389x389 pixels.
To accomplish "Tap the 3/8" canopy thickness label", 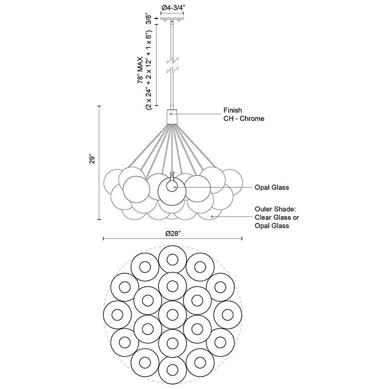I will pyautogui.click(x=148, y=20).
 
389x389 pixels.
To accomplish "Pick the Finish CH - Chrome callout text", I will pyautogui.click(x=244, y=115).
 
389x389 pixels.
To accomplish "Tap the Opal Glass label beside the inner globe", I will pyautogui.click(x=272, y=188).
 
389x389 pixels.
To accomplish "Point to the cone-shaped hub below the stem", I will pyautogui.click(x=172, y=116).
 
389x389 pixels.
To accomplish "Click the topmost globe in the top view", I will pyautogui.click(x=172, y=259).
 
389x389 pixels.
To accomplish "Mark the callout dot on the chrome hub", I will pyautogui.click(x=171, y=114).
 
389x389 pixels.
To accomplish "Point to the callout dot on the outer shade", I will pyautogui.click(x=212, y=217).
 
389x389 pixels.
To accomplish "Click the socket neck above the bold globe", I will pyautogui.click(x=172, y=177).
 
